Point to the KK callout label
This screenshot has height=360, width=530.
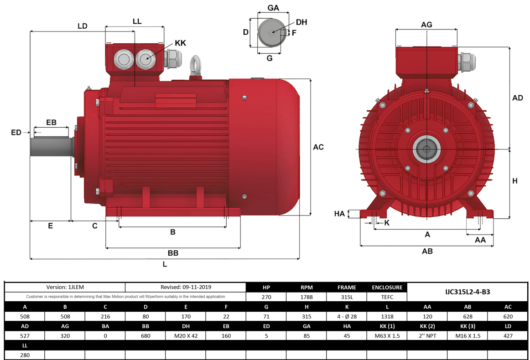tap(181, 43)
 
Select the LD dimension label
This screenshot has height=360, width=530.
tap(82, 26)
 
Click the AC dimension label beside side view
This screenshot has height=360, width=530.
tap(318, 147)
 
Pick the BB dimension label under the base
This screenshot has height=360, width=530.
tap(173, 253)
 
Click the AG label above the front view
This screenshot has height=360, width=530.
tap(426, 25)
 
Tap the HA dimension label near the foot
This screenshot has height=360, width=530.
tap(339, 214)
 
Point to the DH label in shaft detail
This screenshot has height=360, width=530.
tap(301, 22)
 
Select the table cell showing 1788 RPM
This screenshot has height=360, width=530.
tap(306, 297)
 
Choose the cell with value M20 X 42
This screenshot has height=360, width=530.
tap(185, 335)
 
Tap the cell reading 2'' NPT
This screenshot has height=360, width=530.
tap(427, 335)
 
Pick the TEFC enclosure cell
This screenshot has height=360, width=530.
tap(386, 297)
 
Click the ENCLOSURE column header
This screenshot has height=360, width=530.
tap(386, 288)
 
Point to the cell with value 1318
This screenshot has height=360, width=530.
tap(387, 316)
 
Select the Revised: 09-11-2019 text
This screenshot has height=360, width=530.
tap(186, 288)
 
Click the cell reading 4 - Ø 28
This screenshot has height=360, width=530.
tap(346, 316)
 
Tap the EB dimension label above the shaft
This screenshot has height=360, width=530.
tap(51, 123)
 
